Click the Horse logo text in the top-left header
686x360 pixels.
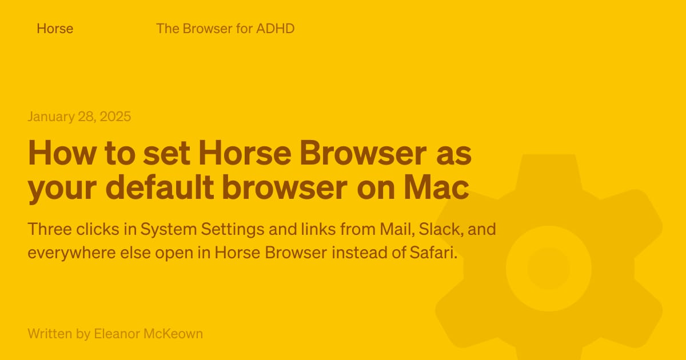(55, 29)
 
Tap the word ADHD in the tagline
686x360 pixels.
(276, 29)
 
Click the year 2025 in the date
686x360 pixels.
(115, 117)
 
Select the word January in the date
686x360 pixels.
(51, 117)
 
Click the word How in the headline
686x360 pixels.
(62, 153)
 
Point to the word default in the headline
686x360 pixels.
(159, 187)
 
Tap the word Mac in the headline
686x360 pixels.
(436, 187)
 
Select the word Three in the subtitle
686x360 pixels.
(50, 229)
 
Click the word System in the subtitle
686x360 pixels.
(169, 230)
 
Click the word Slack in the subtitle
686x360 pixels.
(441, 229)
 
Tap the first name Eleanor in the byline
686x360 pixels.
(117, 334)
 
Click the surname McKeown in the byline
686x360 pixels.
(173, 334)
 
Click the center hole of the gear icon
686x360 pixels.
(548, 269)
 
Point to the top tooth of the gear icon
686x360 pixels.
(549, 171)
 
